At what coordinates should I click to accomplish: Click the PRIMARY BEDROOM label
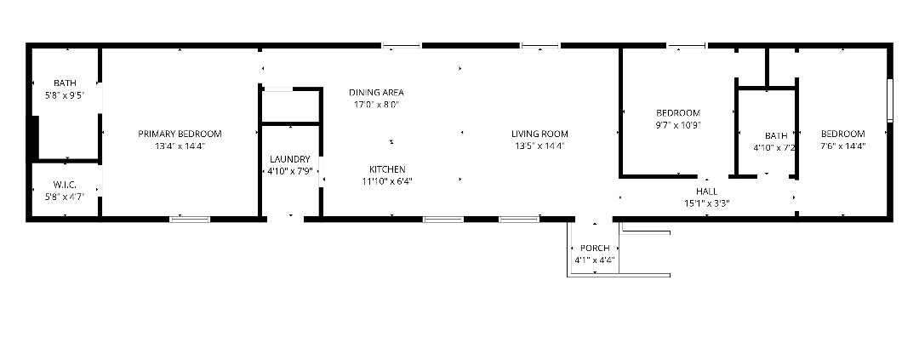click(180, 134)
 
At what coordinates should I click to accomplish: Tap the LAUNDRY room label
click(289, 159)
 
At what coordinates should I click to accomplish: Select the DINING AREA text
click(376, 93)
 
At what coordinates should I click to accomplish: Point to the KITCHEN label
click(387, 169)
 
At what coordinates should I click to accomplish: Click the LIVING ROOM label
click(539, 134)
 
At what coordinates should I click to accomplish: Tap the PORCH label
click(594, 248)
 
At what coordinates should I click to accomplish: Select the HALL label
click(706, 191)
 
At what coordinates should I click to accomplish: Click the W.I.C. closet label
click(65, 185)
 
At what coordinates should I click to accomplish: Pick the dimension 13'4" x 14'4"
click(180, 146)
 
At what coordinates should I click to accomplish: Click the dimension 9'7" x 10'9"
click(678, 125)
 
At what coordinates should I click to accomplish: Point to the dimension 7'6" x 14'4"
click(842, 146)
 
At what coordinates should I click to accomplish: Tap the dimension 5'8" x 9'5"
click(65, 95)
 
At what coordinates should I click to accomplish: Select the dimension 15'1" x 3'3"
click(706, 203)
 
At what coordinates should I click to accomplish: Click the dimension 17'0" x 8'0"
click(376, 105)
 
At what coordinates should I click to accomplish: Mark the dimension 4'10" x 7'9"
click(289, 171)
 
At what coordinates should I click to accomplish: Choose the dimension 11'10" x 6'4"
click(387, 182)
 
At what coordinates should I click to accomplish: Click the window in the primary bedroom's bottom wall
click(190, 220)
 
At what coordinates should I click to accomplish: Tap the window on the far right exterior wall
click(890, 100)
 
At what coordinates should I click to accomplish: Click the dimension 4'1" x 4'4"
click(594, 260)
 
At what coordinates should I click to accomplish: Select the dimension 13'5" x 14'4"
click(539, 146)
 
